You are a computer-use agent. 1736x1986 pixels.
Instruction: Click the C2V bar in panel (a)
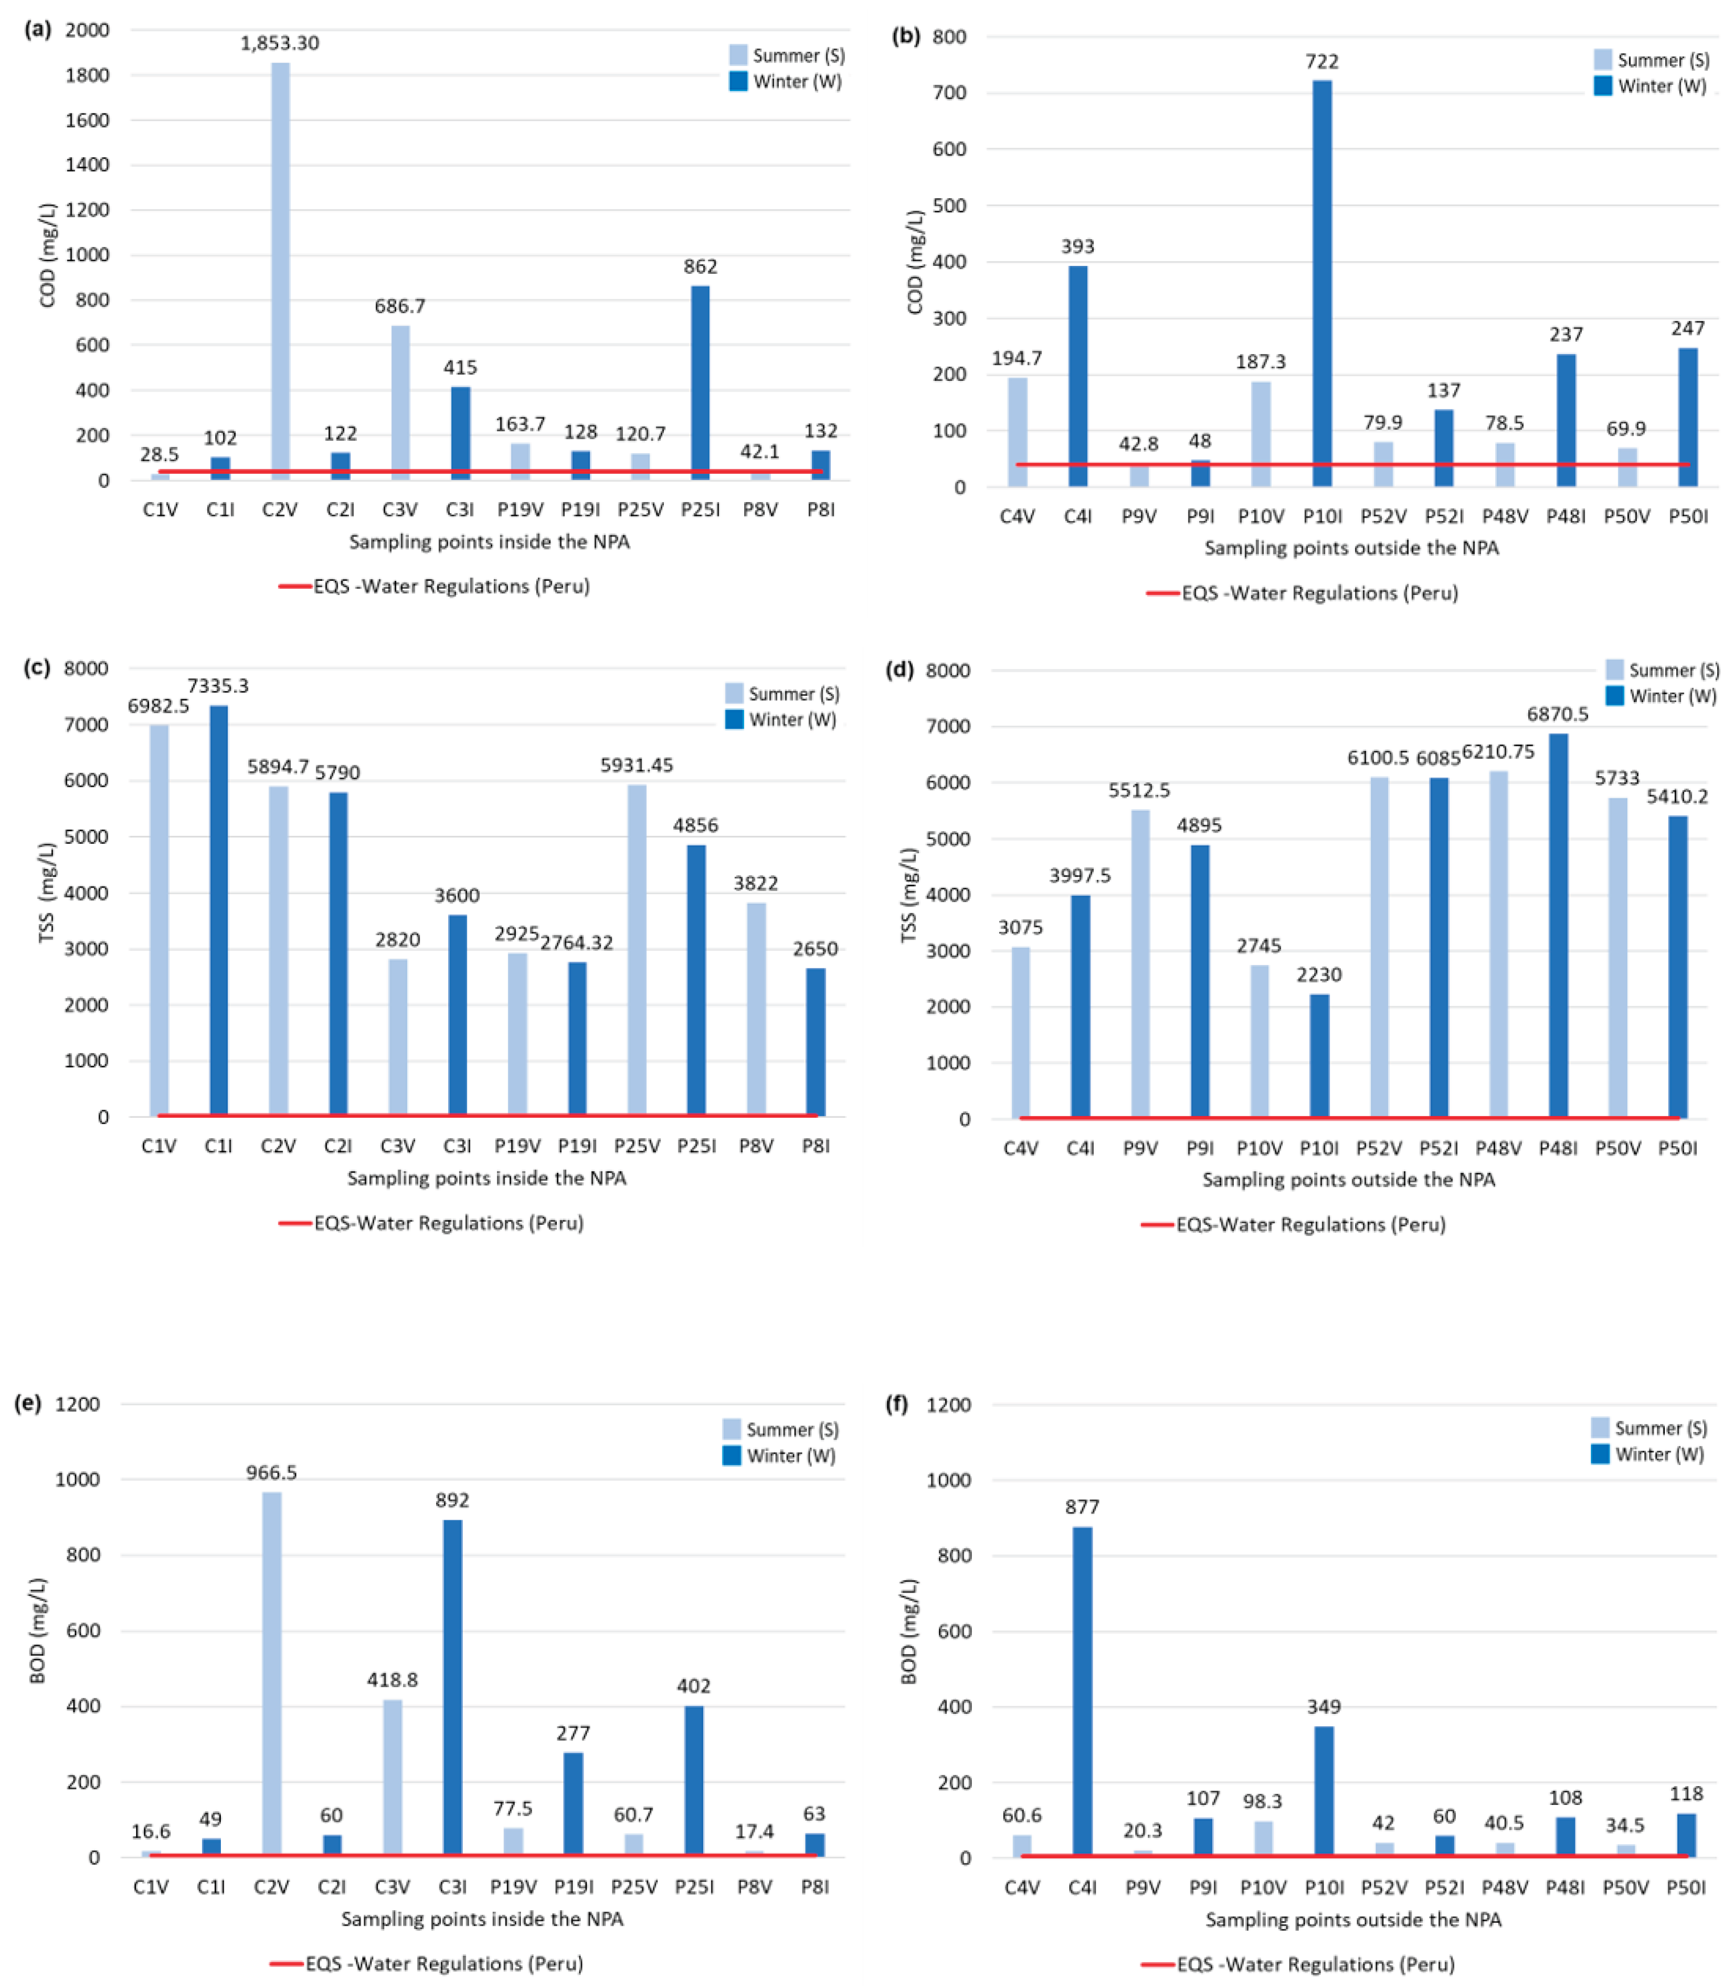tap(280, 271)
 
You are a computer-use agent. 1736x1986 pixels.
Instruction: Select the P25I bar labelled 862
tap(699, 383)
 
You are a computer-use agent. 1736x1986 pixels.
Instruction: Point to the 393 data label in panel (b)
tap(1077, 246)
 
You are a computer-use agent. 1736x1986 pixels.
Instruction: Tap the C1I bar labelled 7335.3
tap(219, 910)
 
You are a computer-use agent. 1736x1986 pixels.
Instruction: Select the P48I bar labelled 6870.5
tap(1558, 925)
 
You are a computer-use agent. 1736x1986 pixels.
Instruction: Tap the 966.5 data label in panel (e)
tap(271, 1472)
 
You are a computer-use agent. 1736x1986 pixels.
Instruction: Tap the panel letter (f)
tap(897, 1404)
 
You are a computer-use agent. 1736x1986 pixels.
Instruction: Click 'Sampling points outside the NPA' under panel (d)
tap(1348, 1179)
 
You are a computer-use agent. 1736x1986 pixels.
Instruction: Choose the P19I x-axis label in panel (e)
tap(573, 1886)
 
